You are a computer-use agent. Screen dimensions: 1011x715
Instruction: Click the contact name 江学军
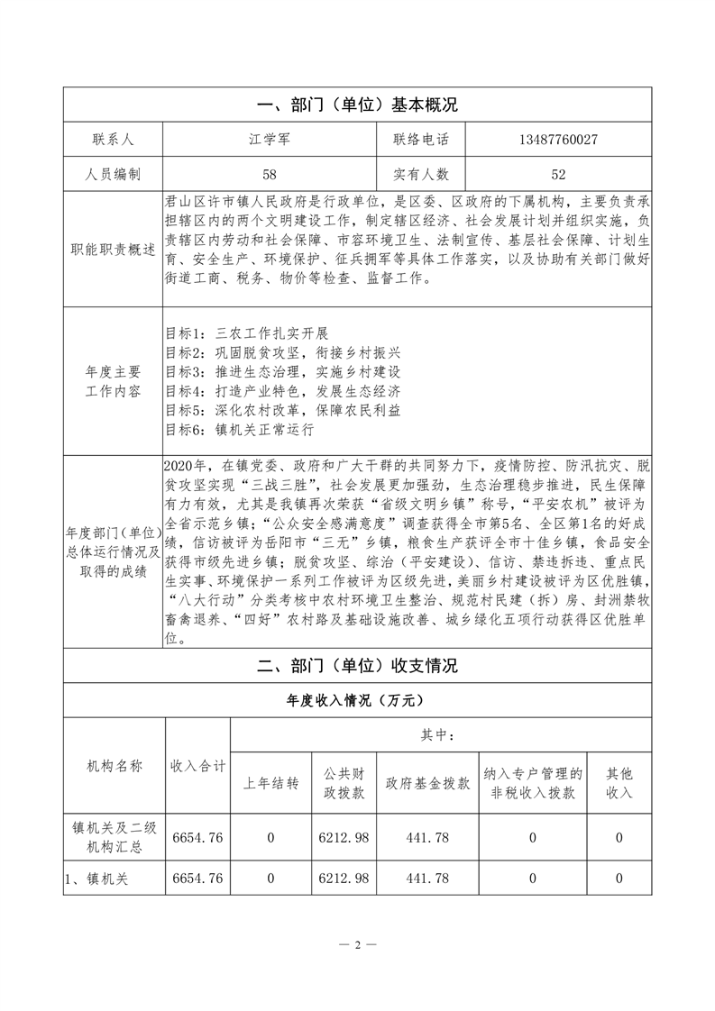click(x=268, y=140)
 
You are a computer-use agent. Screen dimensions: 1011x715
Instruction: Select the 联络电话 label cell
click(x=421, y=140)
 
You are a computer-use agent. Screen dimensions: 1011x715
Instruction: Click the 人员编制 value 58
click(x=268, y=174)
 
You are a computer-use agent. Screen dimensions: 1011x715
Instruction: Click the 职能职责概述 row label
click(x=111, y=249)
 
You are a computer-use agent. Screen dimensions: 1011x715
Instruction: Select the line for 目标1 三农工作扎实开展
click(x=249, y=332)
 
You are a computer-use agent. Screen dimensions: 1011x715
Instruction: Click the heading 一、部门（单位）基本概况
click(x=357, y=105)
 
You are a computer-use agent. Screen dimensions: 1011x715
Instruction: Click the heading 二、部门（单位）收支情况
click(x=357, y=666)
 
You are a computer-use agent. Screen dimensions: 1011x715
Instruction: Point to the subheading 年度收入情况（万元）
click(x=357, y=699)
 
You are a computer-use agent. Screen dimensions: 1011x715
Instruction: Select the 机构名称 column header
click(x=114, y=765)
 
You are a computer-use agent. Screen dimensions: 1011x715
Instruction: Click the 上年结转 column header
click(x=270, y=783)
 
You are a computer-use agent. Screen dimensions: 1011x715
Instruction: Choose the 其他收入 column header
click(x=619, y=783)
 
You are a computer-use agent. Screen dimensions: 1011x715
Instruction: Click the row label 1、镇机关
click(x=96, y=879)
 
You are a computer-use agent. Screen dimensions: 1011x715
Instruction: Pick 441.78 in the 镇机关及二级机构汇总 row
click(x=426, y=838)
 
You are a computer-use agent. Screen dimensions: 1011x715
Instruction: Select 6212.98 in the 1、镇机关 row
click(x=344, y=879)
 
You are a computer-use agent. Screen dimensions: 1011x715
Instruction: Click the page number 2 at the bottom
click(x=358, y=945)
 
